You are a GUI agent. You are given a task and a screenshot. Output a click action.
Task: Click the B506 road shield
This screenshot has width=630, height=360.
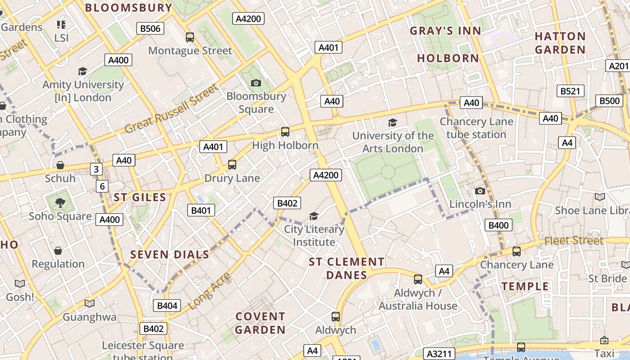click(x=150, y=29)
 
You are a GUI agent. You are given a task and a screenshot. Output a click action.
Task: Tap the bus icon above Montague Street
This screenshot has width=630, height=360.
click(x=190, y=37)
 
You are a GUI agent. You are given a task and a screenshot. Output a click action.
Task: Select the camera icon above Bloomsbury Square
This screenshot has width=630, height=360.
click(x=256, y=83)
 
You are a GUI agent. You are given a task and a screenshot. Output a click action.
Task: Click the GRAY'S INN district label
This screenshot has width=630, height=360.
click(x=445, y=31)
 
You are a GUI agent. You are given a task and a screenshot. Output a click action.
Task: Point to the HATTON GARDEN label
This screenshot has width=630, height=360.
click(x=560, y=43)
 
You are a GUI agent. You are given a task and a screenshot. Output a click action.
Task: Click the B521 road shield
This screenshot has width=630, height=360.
click(x=570, y=91)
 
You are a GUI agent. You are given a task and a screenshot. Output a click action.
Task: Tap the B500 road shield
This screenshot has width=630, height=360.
click(x=610, y=101)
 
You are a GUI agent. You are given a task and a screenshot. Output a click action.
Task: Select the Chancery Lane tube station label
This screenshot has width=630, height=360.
click(x=476, y=128)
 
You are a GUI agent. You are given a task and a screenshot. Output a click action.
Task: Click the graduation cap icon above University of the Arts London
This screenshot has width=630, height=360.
click(x=393, y=122)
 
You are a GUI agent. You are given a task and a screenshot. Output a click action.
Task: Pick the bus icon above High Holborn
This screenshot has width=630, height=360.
click(x=285, y=132)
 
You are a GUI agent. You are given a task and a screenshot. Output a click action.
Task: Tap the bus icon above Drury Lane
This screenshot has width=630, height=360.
click(x=232, y=165)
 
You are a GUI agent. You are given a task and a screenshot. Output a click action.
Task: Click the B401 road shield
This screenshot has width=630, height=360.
click(x=201, y=210)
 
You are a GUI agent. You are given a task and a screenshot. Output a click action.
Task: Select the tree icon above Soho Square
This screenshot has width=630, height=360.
click(x=60, y=203)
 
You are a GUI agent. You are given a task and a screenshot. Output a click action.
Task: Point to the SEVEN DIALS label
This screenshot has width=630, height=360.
click(x=170, y=254)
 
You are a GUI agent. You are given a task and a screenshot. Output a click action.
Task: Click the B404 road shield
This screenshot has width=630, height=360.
click(x=167, y=306)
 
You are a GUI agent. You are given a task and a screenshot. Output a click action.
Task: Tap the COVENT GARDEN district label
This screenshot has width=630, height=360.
click(x=260, y=323)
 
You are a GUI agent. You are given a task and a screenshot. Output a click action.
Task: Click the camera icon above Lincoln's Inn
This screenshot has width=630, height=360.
click(x=480, y=191)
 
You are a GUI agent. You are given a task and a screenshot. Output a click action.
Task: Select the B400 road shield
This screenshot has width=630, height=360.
click(x=499, y=225)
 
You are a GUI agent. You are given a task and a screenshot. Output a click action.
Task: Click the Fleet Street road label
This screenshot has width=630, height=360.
click(x=574, y=241)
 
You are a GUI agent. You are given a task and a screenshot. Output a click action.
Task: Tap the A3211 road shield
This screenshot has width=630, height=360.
click(x=439, y=354)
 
